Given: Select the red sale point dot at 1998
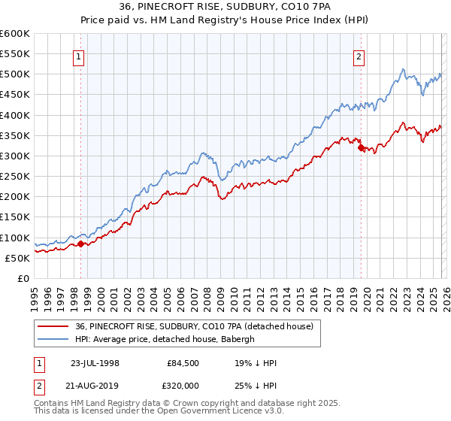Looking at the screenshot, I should click(x=80, y=244).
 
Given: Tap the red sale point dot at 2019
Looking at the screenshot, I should click(x=361, y=147).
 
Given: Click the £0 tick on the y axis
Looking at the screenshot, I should click(x=24, y=278).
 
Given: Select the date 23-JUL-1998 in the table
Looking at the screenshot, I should click(x=95, y=363).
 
